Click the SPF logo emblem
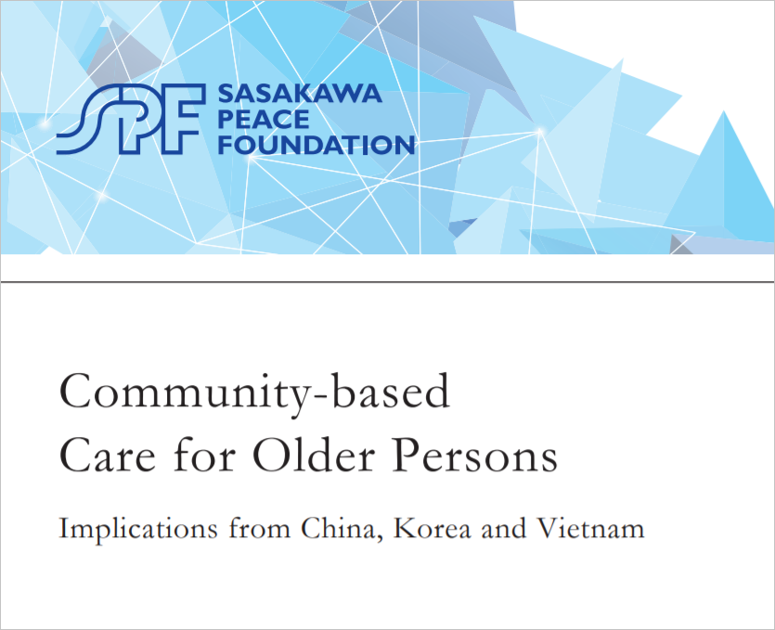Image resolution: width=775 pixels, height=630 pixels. (x=131, y=119)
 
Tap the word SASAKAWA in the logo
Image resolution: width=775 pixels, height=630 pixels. (x=300, y=94)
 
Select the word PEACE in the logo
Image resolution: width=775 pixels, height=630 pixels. (x=264, y=119)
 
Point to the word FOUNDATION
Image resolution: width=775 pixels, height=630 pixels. (x=316, y=145)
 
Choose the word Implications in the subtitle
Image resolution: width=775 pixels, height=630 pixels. (x=138, y=530)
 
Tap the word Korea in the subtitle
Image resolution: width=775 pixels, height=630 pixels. (x=433, y=528)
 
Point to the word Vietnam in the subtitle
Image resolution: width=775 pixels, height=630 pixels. (x=591, y=528)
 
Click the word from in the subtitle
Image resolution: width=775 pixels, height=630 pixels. (x=260, y=528)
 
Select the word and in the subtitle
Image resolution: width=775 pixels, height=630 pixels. (x=504, y=528)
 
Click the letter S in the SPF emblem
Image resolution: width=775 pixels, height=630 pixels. (x=84, y=119)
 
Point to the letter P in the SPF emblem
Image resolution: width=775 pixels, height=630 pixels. (x=141, y=119)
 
